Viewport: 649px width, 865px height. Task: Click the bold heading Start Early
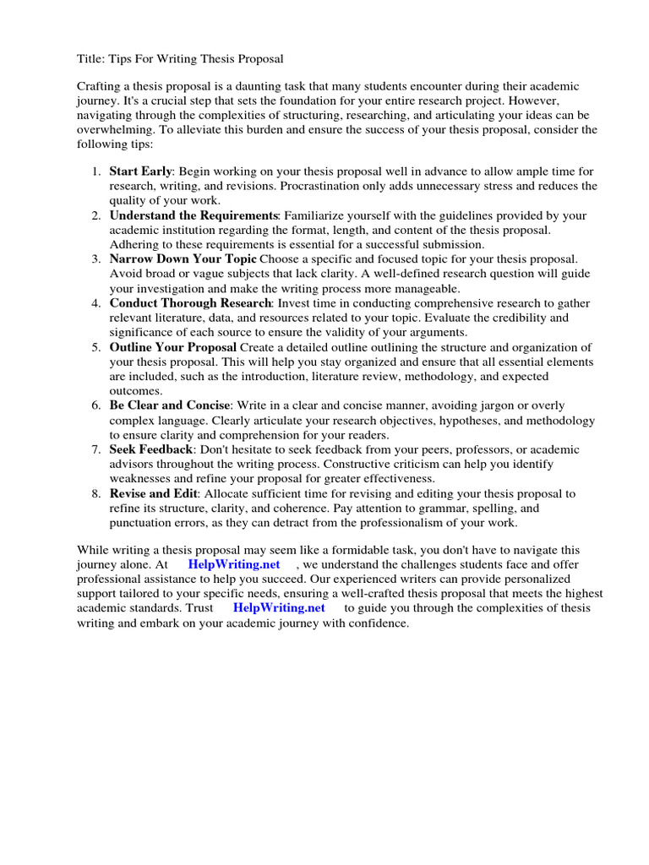[x=141, y=171]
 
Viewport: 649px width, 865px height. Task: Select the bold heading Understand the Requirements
[x=194, y=215]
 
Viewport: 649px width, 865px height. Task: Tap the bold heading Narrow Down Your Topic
[x=183, y=259]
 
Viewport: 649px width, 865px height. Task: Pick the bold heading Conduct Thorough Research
[x=189, y=303]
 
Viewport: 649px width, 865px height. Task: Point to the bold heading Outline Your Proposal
[x=173, y=347]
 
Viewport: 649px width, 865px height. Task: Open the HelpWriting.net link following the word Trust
[x=279, y=608]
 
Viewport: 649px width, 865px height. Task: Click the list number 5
[x=96, y=347]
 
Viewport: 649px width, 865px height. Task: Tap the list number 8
[x=96, y=493]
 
